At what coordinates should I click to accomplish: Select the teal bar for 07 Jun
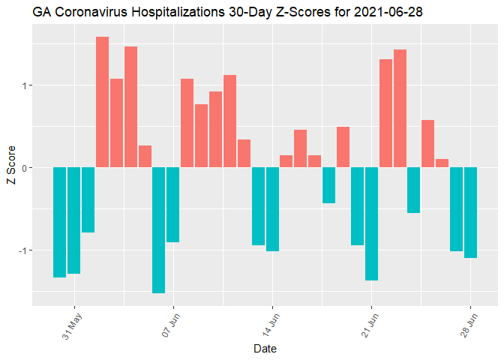[x=172, y=204]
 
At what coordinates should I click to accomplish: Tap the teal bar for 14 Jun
[x=271, y=208]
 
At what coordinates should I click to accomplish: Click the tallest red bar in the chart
[x=102, y=101]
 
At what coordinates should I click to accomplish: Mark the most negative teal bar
[x=158, y=229]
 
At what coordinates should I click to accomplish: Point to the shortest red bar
[x=442, y=163]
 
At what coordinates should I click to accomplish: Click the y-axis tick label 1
[x=24, y=85]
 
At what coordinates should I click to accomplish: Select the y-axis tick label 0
[x=24, y=167]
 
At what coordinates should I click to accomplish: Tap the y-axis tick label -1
[x=22, y=250]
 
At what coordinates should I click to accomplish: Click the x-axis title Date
[x=265, y=349]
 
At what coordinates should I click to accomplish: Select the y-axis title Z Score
[x=10, y=168]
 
